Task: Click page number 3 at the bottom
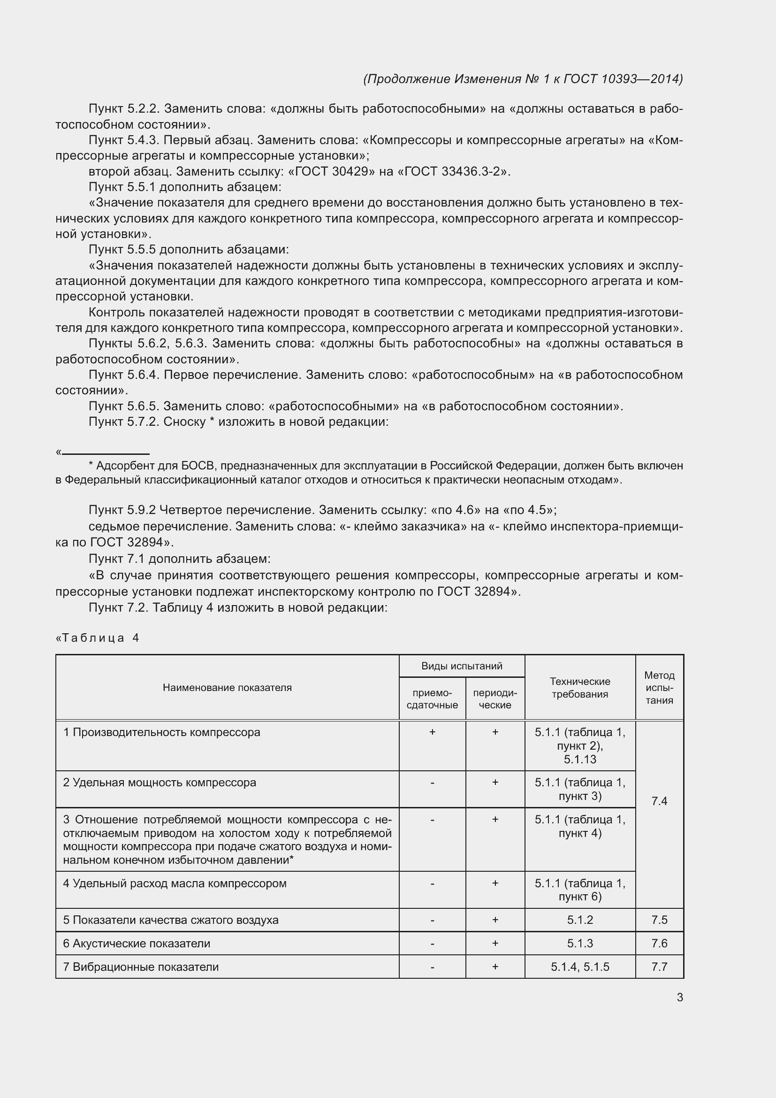(x=679, y=997)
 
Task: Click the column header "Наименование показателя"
(x=227, y=688)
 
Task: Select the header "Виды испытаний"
(x=462, y=666)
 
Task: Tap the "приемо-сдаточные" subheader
(x=432, y=699)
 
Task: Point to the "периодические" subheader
(x=495, y=699)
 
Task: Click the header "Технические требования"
(x=579, y=688)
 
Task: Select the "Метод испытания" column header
(x=659, y=688)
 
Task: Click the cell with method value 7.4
(x=659, y=801)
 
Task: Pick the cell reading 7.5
(x=659, y=920)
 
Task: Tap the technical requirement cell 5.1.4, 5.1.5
(x=579, y=967)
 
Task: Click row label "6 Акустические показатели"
(x=137, y=944)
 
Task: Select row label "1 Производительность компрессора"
(x=161, y=732)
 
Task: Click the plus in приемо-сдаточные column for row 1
(x=432, y=732)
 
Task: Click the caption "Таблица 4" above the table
(x=100, y=638)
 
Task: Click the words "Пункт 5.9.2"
(x=122, y=510)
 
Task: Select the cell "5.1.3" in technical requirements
(x=579, y=944)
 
